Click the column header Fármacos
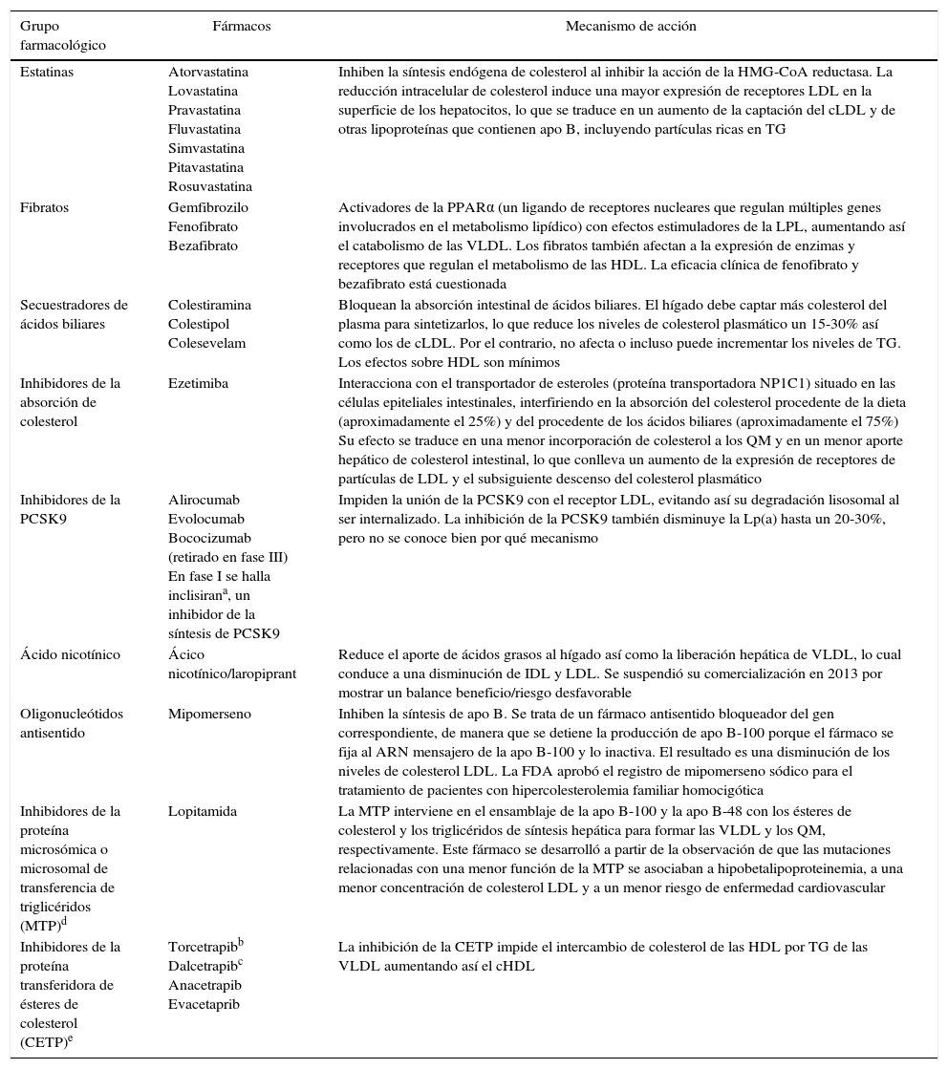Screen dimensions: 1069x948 241,27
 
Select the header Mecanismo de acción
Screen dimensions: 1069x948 631,27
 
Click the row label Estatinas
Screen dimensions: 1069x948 47,72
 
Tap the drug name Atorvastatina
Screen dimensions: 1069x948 208,72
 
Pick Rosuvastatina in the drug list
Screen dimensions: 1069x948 210,186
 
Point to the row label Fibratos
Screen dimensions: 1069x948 44,207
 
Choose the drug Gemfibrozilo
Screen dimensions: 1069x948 208,207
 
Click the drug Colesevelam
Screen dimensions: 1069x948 206,343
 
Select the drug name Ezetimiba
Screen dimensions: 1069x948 198,383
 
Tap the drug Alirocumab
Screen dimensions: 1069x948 204,500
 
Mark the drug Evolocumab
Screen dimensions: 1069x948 205,519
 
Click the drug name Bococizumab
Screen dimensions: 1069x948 209,538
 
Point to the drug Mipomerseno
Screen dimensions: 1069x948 207,714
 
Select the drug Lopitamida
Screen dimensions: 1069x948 202,811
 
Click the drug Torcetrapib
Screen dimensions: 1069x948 203,947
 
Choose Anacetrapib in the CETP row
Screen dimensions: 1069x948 205,985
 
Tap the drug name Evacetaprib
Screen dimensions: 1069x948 204,1004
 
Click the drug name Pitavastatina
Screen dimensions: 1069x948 205,167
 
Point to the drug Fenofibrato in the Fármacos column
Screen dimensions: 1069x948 203,226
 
